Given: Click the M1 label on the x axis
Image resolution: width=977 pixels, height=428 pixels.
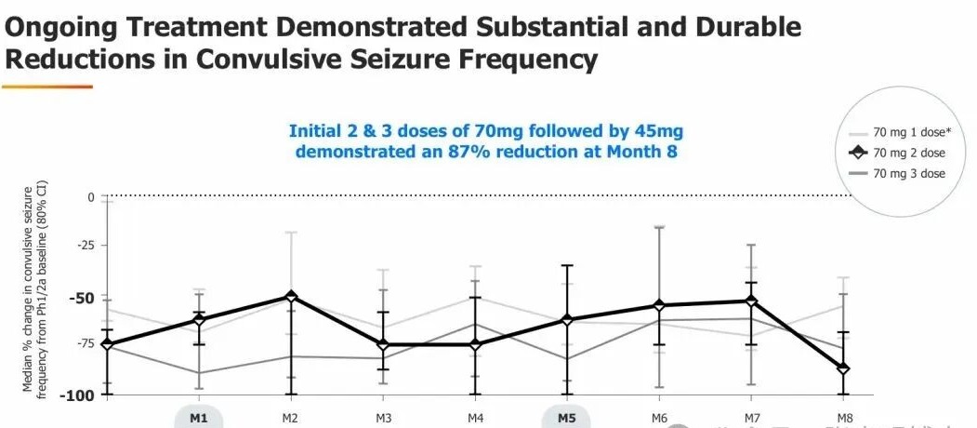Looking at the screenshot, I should point(198,418).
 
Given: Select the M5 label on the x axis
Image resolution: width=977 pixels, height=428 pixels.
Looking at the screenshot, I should point(566,418).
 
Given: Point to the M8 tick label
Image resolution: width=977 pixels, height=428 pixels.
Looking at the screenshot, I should point(842,418).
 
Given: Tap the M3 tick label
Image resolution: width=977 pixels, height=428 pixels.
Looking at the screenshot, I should point(382,418).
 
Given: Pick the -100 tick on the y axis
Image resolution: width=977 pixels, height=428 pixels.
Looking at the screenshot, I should point(79,395).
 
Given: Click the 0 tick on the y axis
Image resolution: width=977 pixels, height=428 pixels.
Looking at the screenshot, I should point(91,197).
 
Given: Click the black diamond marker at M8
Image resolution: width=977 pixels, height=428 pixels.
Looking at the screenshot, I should point(843,369).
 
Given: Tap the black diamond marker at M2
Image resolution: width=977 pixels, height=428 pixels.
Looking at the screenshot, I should point(291,297).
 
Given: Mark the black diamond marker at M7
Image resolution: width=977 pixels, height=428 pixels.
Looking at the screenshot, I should point(750,301).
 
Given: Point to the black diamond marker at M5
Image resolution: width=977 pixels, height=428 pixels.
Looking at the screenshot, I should point(566,320).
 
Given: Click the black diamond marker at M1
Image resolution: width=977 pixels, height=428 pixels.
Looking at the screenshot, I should point(198,320).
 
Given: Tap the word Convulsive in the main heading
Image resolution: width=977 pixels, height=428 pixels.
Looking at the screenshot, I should point(270,60).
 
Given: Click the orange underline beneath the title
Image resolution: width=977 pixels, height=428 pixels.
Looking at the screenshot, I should point(47,87).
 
